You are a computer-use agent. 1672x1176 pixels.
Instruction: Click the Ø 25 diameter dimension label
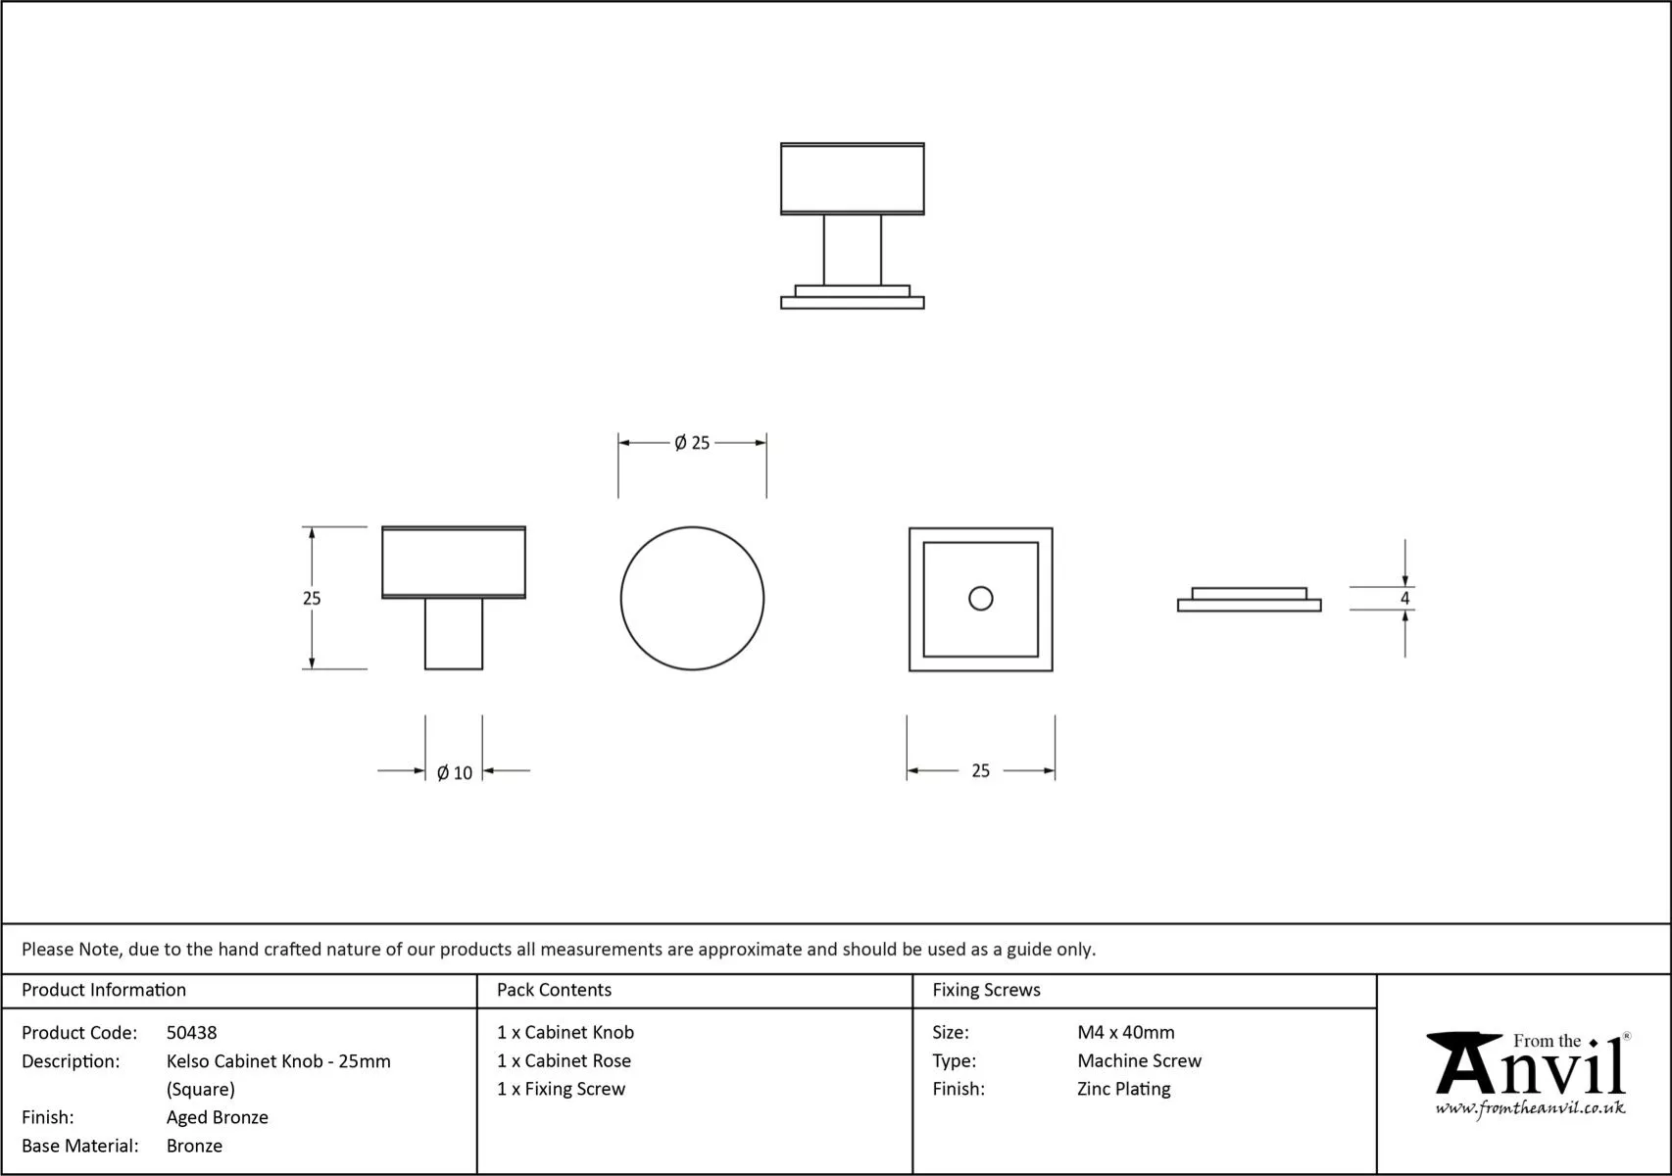tap(692, 443)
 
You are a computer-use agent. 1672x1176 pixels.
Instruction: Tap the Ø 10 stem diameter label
tap(455, 773)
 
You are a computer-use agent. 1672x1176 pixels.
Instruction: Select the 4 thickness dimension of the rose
tap(1404, 598)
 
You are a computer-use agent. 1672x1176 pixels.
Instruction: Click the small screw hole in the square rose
tap(980, 598)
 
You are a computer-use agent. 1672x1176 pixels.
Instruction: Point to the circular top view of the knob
tap(692, 599)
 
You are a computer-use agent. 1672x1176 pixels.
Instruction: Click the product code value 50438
tap(192, 1033)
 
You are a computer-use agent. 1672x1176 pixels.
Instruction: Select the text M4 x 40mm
tap(1125, 1033)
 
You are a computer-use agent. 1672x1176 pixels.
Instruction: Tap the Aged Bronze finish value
tap(217, 1117)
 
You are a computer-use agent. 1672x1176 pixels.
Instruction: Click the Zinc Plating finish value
tap(1123, 1089)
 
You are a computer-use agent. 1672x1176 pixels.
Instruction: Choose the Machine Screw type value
tap(1139, 1060)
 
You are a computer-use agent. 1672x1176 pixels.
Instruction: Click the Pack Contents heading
tap(554, 990)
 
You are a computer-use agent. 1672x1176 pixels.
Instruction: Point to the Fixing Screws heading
tap(986, 990)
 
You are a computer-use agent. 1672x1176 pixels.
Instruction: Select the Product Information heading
tap(104, 990)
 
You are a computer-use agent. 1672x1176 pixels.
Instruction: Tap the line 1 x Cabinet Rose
tap(564, 1060)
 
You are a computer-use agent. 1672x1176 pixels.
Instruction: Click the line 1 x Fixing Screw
tap(561, 1089)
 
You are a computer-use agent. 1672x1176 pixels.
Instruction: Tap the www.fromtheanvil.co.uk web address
tap(1530, 1108)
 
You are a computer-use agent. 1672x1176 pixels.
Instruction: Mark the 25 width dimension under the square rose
tap(980, 771)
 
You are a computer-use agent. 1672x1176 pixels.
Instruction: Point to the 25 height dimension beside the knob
tap(312, 598)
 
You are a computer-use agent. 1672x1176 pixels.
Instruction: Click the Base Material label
tap(80, 1146)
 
